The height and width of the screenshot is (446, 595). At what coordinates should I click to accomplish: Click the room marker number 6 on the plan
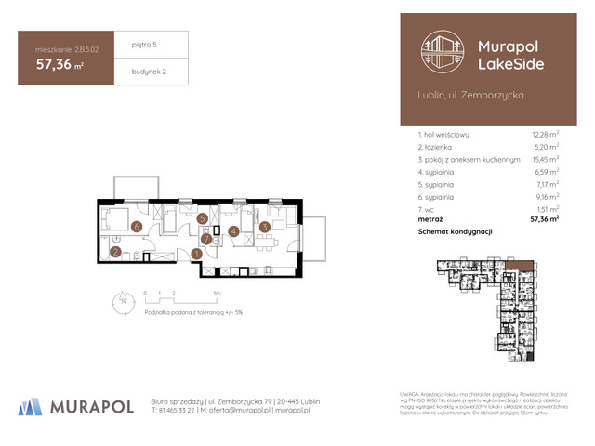point(136,226)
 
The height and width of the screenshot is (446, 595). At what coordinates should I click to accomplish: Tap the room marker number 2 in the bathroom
point(115,252)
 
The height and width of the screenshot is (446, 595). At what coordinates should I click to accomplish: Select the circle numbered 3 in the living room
point(264,226)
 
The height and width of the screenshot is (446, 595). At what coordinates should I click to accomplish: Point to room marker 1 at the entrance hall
point(197,254)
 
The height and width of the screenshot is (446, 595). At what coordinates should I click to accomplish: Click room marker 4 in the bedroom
point(234,232)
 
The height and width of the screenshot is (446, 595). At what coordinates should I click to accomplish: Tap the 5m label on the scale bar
point(216,292)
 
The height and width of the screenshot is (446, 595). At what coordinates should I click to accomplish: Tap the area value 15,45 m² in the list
point(545,159)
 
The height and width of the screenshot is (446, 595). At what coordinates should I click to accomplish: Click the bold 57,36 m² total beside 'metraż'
point(544,220)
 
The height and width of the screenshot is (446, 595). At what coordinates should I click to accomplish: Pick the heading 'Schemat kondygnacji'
point(456,232)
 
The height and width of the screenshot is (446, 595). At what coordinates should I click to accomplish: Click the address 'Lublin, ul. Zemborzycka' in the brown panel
point(471,96)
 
